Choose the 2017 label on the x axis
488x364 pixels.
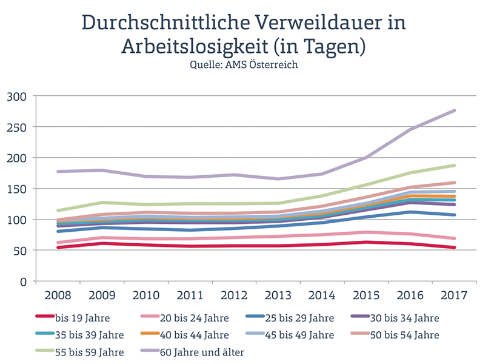454,296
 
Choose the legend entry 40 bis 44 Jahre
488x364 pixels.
194,334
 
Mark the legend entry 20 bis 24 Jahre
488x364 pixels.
194,317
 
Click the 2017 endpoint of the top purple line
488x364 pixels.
454,110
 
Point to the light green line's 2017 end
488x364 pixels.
454,165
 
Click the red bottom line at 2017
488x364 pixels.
454,248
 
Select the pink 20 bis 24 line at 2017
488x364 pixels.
454,238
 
